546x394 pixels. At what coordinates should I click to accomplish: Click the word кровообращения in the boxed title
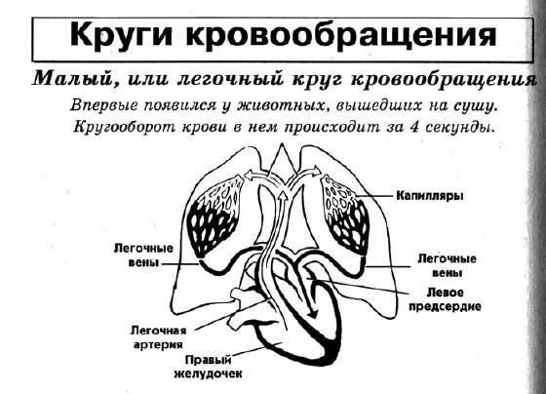[340, 35]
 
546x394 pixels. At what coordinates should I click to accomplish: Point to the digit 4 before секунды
[414, 126]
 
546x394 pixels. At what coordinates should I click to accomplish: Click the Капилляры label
[430, 196]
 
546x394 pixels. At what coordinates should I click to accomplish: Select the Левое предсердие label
[445, 299]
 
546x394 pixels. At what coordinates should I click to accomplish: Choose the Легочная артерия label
[158, 337]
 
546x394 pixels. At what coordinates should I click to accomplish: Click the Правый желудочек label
[208, 367]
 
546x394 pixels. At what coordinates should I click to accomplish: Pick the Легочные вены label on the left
[143, 255]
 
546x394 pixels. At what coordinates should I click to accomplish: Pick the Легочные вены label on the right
[447, 265]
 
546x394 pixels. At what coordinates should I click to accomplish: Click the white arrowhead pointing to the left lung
[250, 176]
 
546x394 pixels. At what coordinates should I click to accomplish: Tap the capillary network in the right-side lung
[346, 215]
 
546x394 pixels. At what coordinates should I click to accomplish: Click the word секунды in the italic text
[459, 127]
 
